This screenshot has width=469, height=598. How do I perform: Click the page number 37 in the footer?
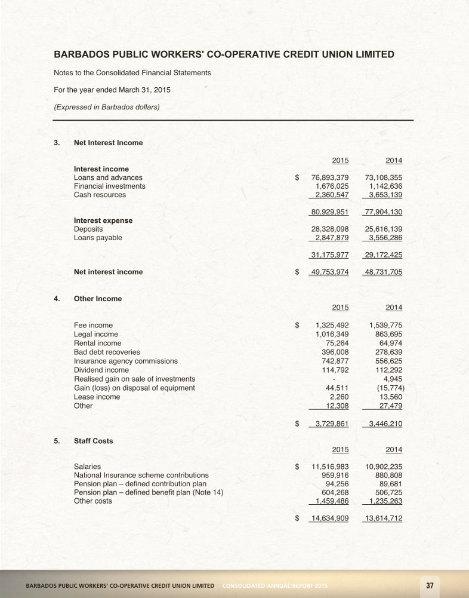point(429,585)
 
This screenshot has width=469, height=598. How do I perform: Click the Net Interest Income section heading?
point(108,142)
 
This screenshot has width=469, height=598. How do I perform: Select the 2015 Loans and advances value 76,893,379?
point(330,177)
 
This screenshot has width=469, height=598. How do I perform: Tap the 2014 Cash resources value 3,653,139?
point(382,195)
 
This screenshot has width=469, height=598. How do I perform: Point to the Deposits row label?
point(88,229)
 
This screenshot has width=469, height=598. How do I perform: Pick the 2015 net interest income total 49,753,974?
point(330,272)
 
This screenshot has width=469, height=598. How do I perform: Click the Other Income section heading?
point(97,299)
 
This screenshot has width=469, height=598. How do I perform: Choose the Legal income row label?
point(95,334)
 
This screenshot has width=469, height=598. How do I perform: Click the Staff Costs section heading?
point(93,441)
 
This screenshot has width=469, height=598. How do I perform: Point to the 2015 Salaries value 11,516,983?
point(330,466)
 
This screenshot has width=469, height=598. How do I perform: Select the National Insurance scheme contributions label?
point(141,475)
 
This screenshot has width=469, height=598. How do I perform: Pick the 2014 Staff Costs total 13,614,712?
point(382,518)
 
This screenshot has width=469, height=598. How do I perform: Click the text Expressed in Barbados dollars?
point(107,108)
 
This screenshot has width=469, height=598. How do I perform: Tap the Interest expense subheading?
point(103,220)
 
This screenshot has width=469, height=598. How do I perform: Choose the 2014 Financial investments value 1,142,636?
point(382,186)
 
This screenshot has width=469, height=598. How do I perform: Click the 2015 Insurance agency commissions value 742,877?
point(335,361)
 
